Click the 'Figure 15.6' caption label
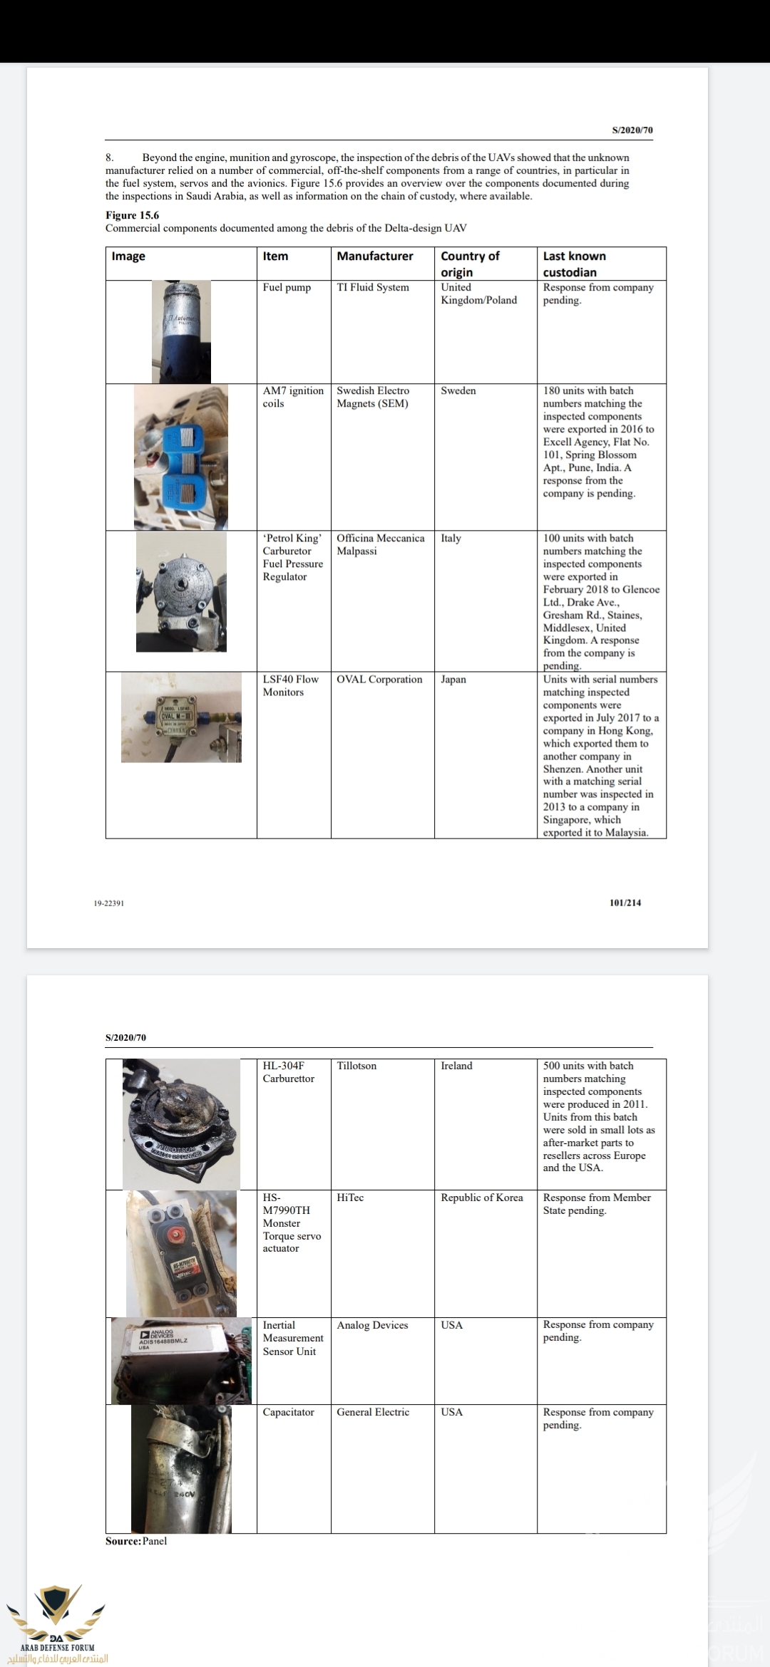click(132, 215)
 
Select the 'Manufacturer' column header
click(375, 256)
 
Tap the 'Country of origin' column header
click(470, 264)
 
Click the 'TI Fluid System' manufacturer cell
click(373, 288)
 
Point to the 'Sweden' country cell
click(458, 391)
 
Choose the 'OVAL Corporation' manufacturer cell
click(379, 680)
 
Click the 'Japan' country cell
click(453, 680)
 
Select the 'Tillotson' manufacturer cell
click(356, 1066)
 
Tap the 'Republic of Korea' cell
click(482, 1198)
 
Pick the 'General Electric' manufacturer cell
click(373, 1412)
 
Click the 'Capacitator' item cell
click(288, 1412)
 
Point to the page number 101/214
click(625, 903)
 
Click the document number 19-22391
click(109, 903)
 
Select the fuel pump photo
click(181, 332)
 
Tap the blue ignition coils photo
click(181, 457)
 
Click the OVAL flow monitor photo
click(181, 717)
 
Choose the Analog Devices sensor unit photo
click(181, 1361)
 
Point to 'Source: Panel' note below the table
click(136, 1541)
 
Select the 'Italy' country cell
click(451, 539)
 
